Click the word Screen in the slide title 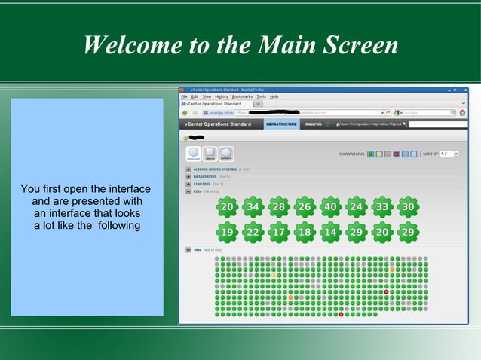[x=362, y=45]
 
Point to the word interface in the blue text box [x=124, y=188]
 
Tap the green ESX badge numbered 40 [x=330, y=206]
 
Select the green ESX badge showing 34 [x=253, y=206]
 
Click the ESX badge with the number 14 [x=330, y=232]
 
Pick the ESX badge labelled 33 [x=382, y=206]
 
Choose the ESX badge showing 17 [x=278, y=232]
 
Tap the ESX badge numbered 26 [x=305, y=206]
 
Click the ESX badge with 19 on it [x=227, y=232]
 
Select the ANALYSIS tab [x=314, y=124]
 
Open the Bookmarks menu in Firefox [x=242, y=96]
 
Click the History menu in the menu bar [x=222, y=96]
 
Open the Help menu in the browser [x=274, y=96]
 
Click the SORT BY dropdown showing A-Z [x=450, y=154]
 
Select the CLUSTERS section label [x=202, y=184]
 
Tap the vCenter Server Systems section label [x=215, y=169]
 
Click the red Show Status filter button [x=397, y=154]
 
